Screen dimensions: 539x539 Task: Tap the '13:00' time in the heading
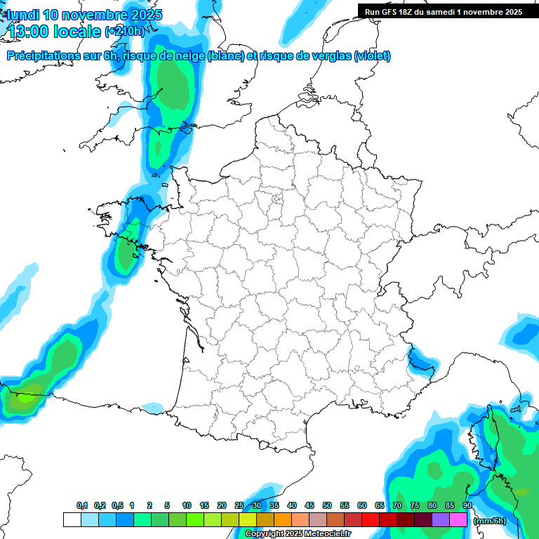click(x=28, y=32)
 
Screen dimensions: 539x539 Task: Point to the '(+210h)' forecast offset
click(x=124, y=32)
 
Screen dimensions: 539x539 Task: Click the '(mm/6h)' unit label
click(x=489, y=521)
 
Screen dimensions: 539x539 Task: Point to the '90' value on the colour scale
click(x=467, y=506)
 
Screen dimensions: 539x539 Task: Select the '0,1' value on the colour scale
click(x=82, y=506)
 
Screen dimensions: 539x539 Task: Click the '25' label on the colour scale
click(x=239, y=506)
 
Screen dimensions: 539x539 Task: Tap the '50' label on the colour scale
click(x=327, y=506)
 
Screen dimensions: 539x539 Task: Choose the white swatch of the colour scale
click(x=72, y=520)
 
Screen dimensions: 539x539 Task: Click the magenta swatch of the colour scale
click(x=458, y=520)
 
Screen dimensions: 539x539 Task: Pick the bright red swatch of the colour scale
click(x=371, y=520)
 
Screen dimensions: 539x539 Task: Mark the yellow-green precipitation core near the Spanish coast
click(x=26, y=398)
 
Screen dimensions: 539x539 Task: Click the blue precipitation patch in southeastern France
click(x=421, y=361)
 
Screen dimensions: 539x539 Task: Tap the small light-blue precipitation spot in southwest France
click(x=152, y=407)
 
